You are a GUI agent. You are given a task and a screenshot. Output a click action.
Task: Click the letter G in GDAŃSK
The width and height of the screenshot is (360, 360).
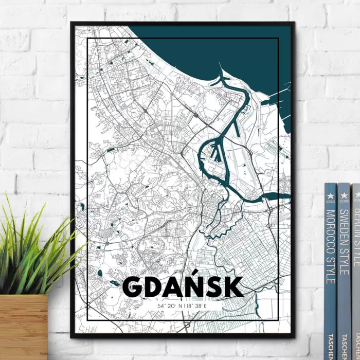135,287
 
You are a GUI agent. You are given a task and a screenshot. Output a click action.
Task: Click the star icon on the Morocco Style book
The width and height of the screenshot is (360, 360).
331,196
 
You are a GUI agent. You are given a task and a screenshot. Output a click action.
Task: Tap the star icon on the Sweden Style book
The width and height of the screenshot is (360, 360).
344,195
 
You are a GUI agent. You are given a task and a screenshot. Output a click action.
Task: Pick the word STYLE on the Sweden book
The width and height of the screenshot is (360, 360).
344,262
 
